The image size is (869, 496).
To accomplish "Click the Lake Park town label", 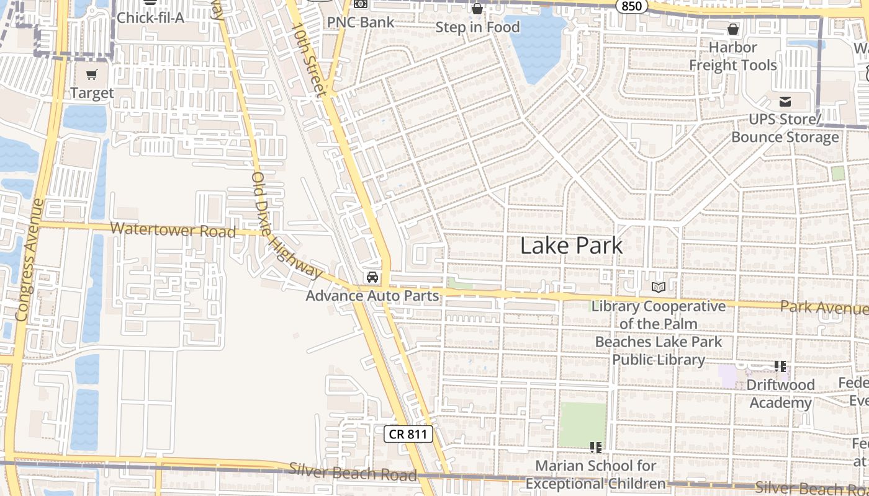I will pyautogui.click(x=571, y=246).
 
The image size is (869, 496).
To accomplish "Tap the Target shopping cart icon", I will pyautogui.click(x=92, y=75).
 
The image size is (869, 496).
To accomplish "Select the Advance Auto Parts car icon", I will pyautogui.click(x=372, y=277).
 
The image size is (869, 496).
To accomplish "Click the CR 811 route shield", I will pyautogui.click(x=408, y=434).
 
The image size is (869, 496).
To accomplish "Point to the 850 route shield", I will pyautogui.click(x=633, y=6).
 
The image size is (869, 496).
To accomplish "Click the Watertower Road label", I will pyautogui.click(x=173, y=229).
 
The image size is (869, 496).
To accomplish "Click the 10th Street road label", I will pyautogui.click(x=310, y=59).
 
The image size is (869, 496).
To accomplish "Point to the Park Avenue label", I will pyautogui.click(x=822, y=307).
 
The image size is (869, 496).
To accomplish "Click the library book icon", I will pyautogui.click(x=658, y=287).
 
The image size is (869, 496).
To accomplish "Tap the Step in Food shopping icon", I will pyautogui.click(x=477, y=9).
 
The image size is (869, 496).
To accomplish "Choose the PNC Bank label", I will pyautogui.click(x=361, y=22).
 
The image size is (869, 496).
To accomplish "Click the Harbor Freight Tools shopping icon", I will pyautogui.click(x=733, y=29).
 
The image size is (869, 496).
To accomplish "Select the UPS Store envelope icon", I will pyautogui.click(x=785, y=102).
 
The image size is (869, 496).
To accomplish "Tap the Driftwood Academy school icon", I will pyautogui.click(x=780, y=366).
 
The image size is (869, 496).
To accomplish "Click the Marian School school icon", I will pyautogui.click(x=596, y=447).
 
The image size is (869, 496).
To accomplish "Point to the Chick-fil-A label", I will pyautogui.click(x=151, y=17).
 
